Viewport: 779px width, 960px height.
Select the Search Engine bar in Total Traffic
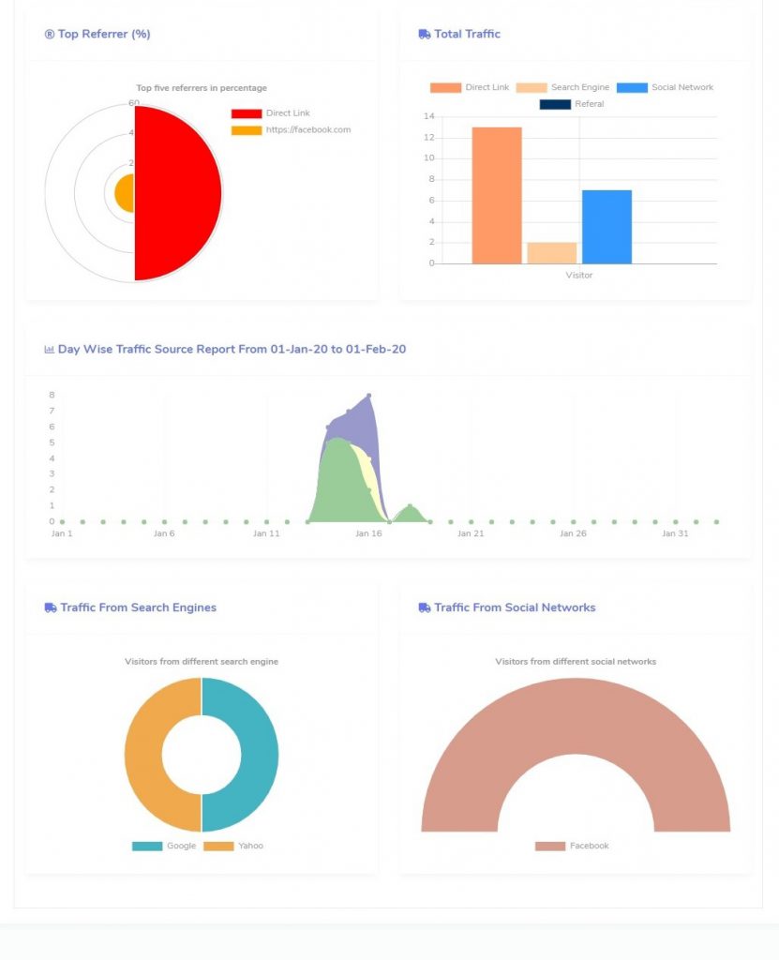click(551, 252)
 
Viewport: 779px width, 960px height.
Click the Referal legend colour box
click(555, 104)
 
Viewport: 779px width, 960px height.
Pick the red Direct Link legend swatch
click(247, 113)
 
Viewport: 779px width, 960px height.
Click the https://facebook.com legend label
click(307, 130)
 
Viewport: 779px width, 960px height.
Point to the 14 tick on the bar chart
click(429, 116)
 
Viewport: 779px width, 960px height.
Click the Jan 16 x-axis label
click(368, 533)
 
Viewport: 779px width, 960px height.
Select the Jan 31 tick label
click(675, 533)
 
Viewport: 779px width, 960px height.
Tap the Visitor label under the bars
click(579, 276)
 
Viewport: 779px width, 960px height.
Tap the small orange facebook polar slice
click(125, 194)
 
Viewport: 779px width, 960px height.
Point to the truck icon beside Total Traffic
click(425, 34)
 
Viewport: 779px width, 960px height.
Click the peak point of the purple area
click(369, 396)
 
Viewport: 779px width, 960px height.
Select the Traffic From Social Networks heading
click(515, 607)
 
